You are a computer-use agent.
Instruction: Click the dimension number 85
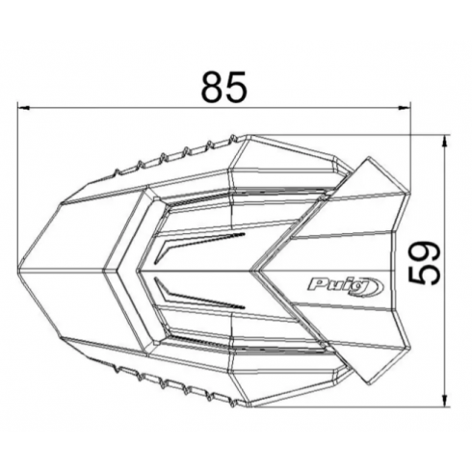click(x=224, y=87)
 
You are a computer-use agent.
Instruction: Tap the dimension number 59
click(x=424, y=263)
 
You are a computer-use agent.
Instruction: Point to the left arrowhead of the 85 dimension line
click(x=24, y=108)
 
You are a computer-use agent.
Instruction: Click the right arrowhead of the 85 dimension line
click(x=405, y=108)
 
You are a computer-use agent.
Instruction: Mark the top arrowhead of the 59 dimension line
click(x=445, y=142)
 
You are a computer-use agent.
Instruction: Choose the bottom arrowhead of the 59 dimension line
click(x=445, y=401)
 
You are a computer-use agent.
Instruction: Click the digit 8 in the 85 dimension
click(x=213, y=87)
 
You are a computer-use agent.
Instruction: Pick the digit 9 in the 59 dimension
click(x=424, y=252)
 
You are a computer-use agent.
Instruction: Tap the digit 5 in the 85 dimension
click(x=237, y=87)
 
